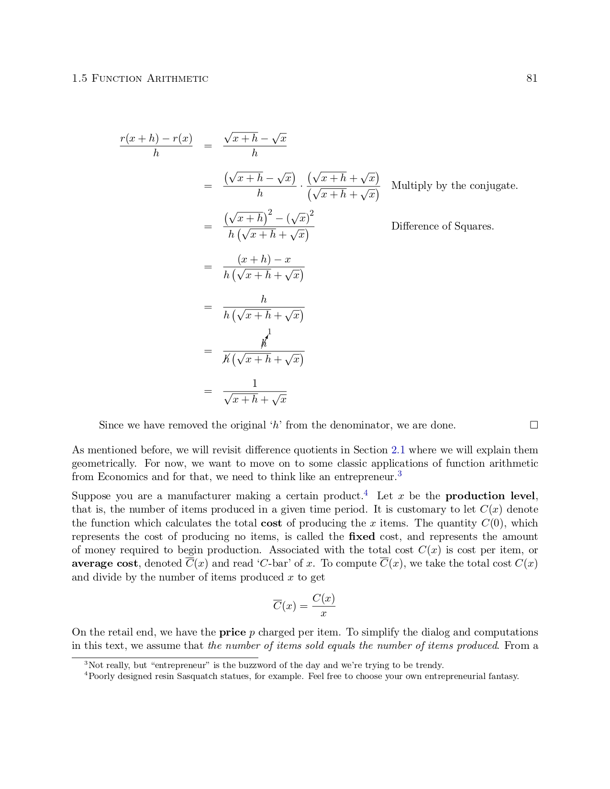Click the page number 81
[532, 78]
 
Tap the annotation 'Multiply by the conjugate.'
[454, 186]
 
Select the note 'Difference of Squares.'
[442, 226]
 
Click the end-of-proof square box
[534, 425]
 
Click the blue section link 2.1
[398, 450]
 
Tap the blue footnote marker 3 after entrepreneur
[399, 474]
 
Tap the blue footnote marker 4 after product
[366, 493]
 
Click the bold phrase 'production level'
[490, 496]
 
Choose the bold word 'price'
[232, 632]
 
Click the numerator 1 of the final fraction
[255, 384]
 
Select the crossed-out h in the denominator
[227, 359]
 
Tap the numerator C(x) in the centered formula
[323, 599]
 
